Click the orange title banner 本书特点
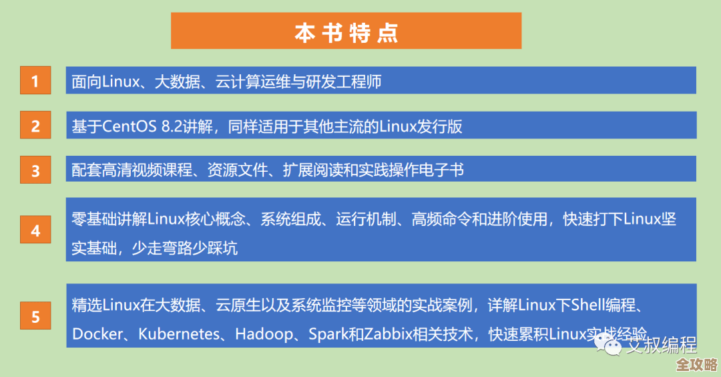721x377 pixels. point(346,31)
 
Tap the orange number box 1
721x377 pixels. point(35,82)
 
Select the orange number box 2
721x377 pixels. point(35,126)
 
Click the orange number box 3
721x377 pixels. point(35,170)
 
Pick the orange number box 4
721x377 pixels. point(35,231)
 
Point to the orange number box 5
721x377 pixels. point(35,316)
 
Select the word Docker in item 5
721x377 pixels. point(95,334)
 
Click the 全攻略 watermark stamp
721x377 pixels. point(696,365)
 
